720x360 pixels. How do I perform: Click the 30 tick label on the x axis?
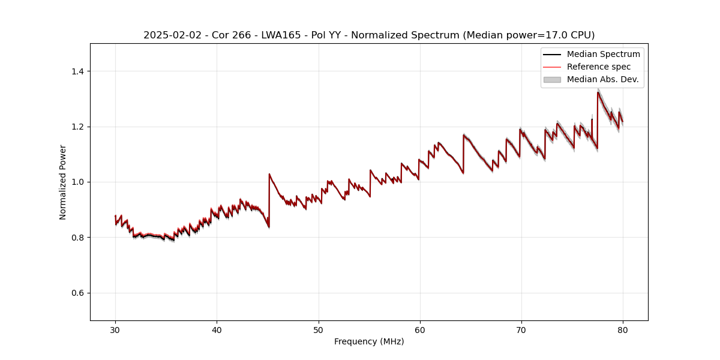click(x=115, y=329)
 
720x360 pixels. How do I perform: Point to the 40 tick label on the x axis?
click(x=217, y=329)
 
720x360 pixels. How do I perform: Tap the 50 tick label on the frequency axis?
click(x=319, y=329)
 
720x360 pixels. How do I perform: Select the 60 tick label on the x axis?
click(x=420, y=329)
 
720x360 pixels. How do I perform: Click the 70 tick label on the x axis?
click(x=521, y=329)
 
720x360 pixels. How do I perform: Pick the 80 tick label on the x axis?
click(x=623, y=329)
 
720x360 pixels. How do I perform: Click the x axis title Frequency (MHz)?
click(x=369, y=341)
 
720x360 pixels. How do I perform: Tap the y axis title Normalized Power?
click(x=63, y=182)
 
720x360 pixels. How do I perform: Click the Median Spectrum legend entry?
click(x=603, y=54)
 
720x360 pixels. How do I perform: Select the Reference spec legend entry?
click(x=598, y=67)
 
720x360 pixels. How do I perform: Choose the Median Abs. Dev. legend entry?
click(x=602, y=79)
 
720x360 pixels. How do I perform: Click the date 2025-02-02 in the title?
click(x=169, y=35)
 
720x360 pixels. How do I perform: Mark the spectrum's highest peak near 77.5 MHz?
click(x=598, y=92)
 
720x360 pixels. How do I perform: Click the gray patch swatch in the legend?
click(x=551, y=79)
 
